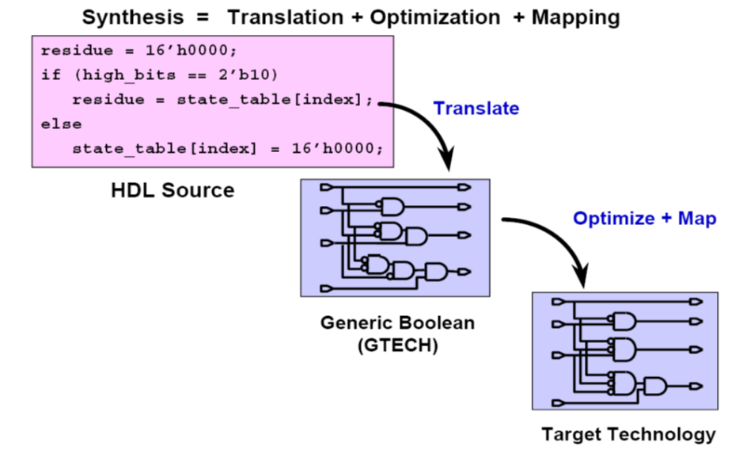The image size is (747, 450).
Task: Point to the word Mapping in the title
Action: point(576,17)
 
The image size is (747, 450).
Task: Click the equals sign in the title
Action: point(202,17)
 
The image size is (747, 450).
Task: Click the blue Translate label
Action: point(476,109)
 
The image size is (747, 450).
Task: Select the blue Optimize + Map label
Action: point(645,219)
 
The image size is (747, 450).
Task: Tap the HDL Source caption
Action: point(173,190)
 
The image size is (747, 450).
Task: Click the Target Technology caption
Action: point(628,434)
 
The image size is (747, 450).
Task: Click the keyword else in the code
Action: point(61,124)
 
